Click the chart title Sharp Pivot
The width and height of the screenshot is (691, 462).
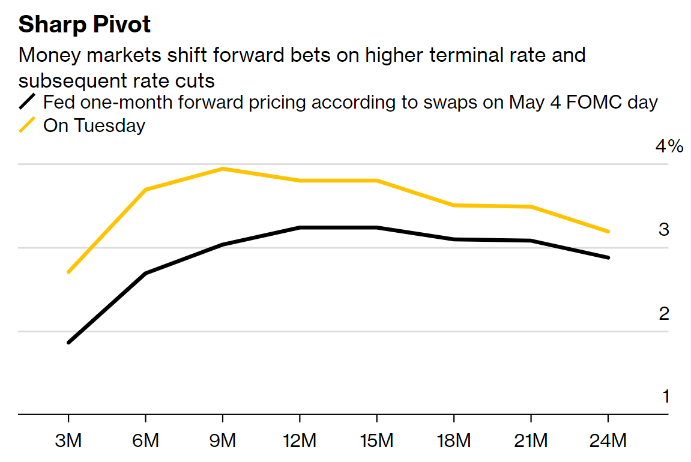(x=85, y=25)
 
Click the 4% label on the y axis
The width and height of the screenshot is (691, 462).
(x=669, y=146)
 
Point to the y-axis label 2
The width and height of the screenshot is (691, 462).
(x=664, y=313)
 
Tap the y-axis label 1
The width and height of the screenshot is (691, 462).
(x=665, y=397)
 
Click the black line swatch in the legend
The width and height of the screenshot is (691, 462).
(x=28, y=102)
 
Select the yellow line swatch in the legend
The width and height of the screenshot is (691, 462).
(x=28, y=125)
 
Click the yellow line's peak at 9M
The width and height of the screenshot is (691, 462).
(x=223, y=169)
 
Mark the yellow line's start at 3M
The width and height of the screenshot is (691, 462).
(x=68, y=272)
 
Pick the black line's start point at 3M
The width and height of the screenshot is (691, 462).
(x=68, y=343)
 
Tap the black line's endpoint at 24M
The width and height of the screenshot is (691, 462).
(x=608, y=257)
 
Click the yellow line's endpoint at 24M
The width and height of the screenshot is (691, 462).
(x=608, y=231)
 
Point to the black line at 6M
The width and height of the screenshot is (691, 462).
(x=146, y=274)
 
